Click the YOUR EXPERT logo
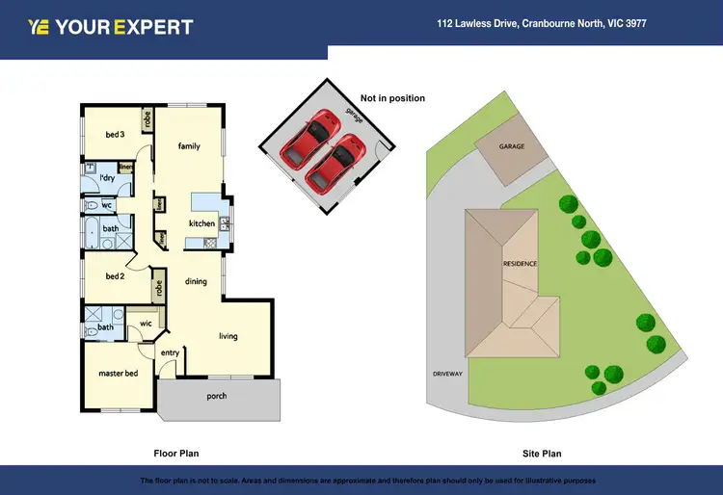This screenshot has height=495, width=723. pos(111,27)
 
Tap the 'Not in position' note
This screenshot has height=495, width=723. pos(392,98)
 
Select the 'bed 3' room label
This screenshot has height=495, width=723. pos(115,135)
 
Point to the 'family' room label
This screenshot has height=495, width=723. pos(189,146)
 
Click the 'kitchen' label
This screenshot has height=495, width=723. pos(201,223)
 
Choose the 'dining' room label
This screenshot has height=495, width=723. pos(196,281)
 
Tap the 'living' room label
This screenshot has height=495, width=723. pos(228,336)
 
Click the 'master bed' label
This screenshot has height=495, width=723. pos(118,373)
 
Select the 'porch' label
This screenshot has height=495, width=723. pos(217,396)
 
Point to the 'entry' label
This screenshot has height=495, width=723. pos(170,352)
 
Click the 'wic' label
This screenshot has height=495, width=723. pos(146,324)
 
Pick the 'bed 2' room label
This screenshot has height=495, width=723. pos(115,276)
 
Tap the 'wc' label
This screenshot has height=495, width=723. pos(108,205)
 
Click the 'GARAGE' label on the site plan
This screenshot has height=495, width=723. pos(512,147)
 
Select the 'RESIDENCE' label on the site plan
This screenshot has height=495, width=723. pos(520,263)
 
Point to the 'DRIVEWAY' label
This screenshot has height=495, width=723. pos(447,373)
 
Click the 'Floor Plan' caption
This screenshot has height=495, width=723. pos(176,453)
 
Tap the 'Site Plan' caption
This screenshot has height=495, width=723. pos(540,453)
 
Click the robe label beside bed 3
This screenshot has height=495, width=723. pos(147,120)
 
